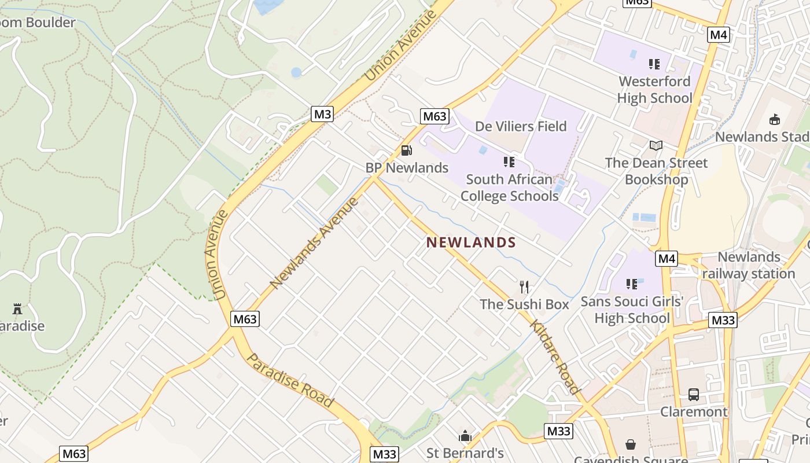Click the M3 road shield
click(322, 114)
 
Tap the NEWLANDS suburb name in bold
click(470, 242)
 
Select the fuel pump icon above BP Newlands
click(407, 150)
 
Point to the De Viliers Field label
click(521, 126)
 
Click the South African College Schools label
click(509, 188)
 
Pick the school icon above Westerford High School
click(654, 64)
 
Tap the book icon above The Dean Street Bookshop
click(656, 145)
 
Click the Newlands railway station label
click(749, 265)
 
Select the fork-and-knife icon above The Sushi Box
click(524, 286)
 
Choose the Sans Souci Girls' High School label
click(632, 309)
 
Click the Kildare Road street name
click(555, 357)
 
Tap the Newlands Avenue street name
click(315, 242)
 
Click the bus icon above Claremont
click(694, 395)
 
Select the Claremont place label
click(694, 411)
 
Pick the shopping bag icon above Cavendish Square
click(631, 444)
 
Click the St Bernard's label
click(465, 452)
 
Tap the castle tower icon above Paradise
click(17, 309)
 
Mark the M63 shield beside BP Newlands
click(434, 116)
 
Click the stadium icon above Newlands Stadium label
click(775, 119)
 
